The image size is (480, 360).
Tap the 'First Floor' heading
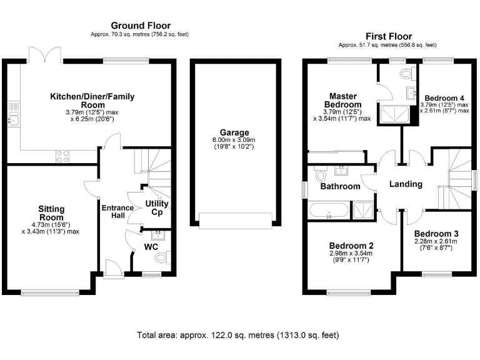[x=387, y=36]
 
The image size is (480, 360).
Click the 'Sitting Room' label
[x=51, y=213]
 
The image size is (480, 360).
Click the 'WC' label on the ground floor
[x=151, y=247]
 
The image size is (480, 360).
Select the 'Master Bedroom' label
[x=343, y=100]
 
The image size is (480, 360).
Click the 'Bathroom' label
[x=340, y=186]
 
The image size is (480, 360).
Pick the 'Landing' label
[x=406, y=184]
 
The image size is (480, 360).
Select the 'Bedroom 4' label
[x=444, y=98]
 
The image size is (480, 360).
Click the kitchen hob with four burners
[x=62, y=156]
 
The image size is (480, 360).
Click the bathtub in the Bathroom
[x=329, y=211]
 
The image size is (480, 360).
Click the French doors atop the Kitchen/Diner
[x=43, y=55]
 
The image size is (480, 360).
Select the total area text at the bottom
[x=238, y=336]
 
